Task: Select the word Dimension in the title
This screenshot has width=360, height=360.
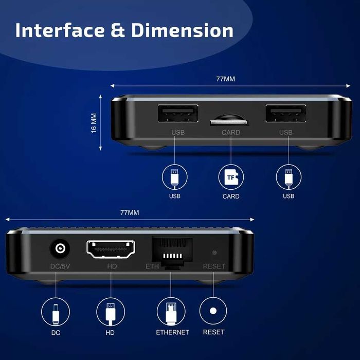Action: (x=183, y=30)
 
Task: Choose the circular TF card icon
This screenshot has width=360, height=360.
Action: (x=231, y=177)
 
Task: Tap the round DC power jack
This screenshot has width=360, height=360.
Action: (x=61, y=250)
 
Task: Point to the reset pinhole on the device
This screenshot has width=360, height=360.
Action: (x=214, y=253)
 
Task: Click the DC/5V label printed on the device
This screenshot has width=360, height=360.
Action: (x=61, y=266)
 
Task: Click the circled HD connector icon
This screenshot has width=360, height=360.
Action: (x=111, y=312)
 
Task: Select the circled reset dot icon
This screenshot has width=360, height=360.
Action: (x=213, y=312)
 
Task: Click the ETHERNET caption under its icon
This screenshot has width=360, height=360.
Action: (x=172, y=332)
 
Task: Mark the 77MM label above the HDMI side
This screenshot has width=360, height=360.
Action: (x=130, y=212)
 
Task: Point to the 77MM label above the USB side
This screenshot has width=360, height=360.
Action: (x=225, y=79)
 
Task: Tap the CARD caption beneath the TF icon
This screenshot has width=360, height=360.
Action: (x=231, y=196)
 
